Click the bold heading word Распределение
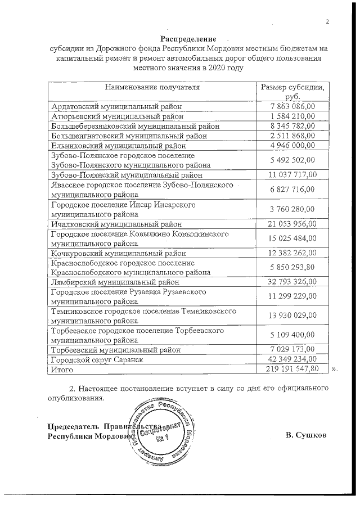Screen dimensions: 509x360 pos(188,39)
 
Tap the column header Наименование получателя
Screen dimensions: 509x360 pos(151,87)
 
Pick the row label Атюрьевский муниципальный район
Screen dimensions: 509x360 pos(117,116)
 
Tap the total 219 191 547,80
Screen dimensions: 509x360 pos(292,368)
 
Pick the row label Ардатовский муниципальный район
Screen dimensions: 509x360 pos(117,106)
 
